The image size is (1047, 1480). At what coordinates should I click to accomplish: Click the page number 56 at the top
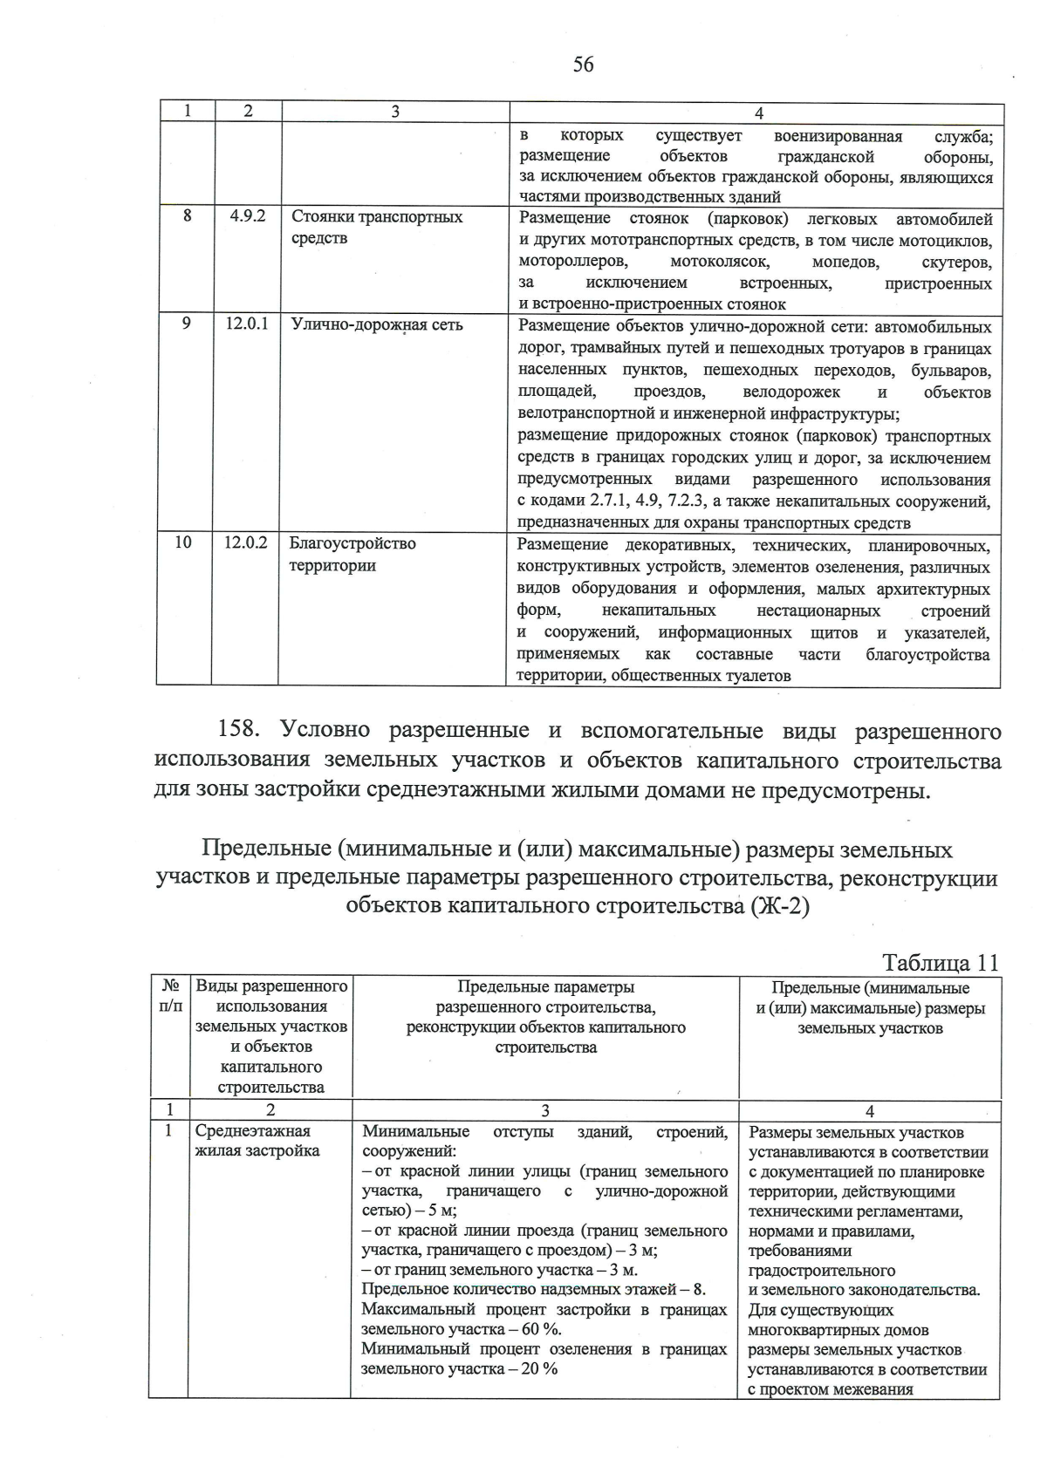[584, 65]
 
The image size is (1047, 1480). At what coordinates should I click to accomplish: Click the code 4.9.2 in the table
[248, 216]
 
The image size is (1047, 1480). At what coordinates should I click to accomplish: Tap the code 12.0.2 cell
[246, 542]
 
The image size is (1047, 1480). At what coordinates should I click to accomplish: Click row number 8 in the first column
[187, 216]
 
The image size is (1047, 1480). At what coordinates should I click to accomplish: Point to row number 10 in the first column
[183, 542]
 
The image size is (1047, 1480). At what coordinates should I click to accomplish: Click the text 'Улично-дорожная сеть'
[376, 325]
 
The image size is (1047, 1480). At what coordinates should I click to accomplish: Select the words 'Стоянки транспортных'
[376, 216]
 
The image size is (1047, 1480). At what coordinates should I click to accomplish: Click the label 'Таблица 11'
[940, 963]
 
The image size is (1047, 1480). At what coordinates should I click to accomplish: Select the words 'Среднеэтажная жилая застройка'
[257, 1141]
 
